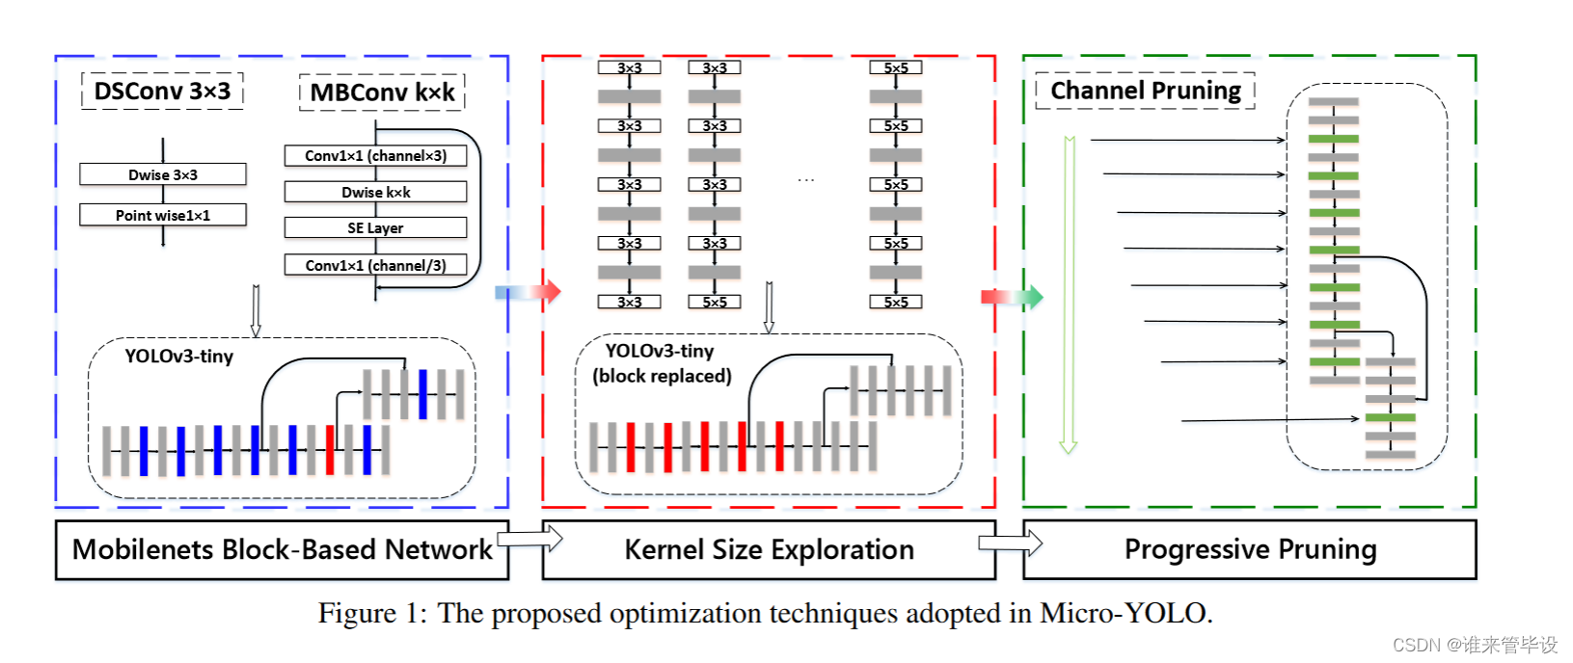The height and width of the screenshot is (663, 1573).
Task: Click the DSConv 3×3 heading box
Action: (x=162, y=92)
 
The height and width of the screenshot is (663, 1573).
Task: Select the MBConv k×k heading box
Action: (x=382, y=93)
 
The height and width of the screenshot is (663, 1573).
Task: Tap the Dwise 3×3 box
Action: (x=163, y=174)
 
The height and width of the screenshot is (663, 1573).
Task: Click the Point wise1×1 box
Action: (x=163, y=215)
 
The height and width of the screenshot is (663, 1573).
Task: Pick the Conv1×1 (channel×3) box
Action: (x=375, y=155)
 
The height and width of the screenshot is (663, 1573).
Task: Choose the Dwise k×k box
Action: (x=375, y=192)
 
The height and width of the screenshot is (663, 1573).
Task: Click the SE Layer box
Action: (x=375, y=227)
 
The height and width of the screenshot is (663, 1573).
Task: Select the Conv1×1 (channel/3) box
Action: (x=375, y=265)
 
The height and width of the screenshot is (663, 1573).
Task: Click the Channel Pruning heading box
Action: (x=1145, y=91)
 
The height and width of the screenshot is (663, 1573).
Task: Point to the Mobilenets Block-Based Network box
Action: (x=282, y=549)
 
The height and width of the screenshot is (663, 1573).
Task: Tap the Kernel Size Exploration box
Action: (x=769, y=549)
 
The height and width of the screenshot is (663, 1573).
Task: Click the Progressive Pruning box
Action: (x=1250, y=549)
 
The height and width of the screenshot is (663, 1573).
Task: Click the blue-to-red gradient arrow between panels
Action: (x=527, y=291)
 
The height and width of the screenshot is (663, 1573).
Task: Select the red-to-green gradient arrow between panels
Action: (x=1012, y=296)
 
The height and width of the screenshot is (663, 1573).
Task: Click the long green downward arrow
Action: (x=1069, y=294)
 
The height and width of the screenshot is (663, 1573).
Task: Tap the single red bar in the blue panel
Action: (x=330, y=449)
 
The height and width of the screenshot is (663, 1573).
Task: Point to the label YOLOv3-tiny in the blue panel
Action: (x=178, y=357)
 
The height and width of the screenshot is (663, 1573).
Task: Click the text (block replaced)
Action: (x=662, y=376)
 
